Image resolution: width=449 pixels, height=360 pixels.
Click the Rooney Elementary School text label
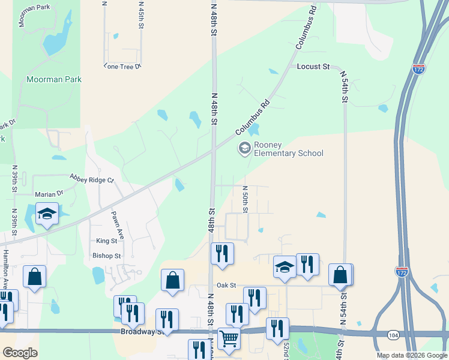[289, 149]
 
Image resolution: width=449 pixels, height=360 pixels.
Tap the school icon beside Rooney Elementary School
[244, 148]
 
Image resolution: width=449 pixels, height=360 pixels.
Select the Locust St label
[313, 67]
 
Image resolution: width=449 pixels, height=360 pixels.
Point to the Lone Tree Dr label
[122, 67]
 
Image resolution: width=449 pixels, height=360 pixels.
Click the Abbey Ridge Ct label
[91, 179]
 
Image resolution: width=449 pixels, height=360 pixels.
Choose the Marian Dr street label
[49, 194]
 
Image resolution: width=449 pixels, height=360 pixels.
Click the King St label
[106, 241]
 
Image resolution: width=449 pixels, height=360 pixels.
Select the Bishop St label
[107, 256]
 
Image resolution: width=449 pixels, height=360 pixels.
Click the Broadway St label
[142, 331]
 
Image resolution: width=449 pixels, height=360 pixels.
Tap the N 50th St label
[246, 199]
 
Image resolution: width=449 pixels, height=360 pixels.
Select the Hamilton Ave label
[5, 271]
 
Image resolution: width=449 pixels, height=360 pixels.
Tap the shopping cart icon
[229, 338]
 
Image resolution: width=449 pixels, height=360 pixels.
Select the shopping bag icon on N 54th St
[340, 274]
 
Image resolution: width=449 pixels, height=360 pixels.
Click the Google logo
[19, 353]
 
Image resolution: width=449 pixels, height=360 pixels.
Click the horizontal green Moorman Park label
[53, 79]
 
